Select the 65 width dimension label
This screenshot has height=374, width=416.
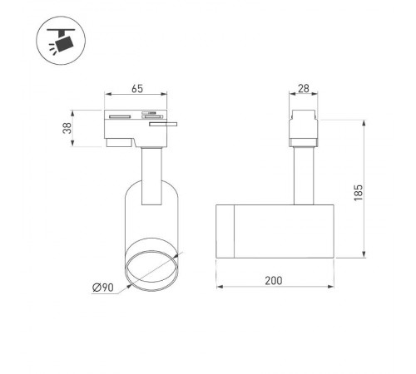pyautogui.click(x=138, y=86)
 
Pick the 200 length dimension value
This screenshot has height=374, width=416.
pyautogui.click(x=274, y=279)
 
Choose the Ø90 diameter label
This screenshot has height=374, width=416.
pyautogui.click(x=103, y=287)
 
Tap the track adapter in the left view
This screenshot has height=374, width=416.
pyautogui.click(x=133, y=125)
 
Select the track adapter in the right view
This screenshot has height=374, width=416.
pyautogui.click(x=303, y=129)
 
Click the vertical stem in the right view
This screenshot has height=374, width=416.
pyautogui.click(x=303, y=175)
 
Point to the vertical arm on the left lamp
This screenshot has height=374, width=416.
pyautogui.click(x=151, y=175)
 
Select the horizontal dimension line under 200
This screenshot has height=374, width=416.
pyautogui.click(x=274, y=288)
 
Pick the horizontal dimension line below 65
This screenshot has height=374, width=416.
pyautogui.click(x=138, y=95)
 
